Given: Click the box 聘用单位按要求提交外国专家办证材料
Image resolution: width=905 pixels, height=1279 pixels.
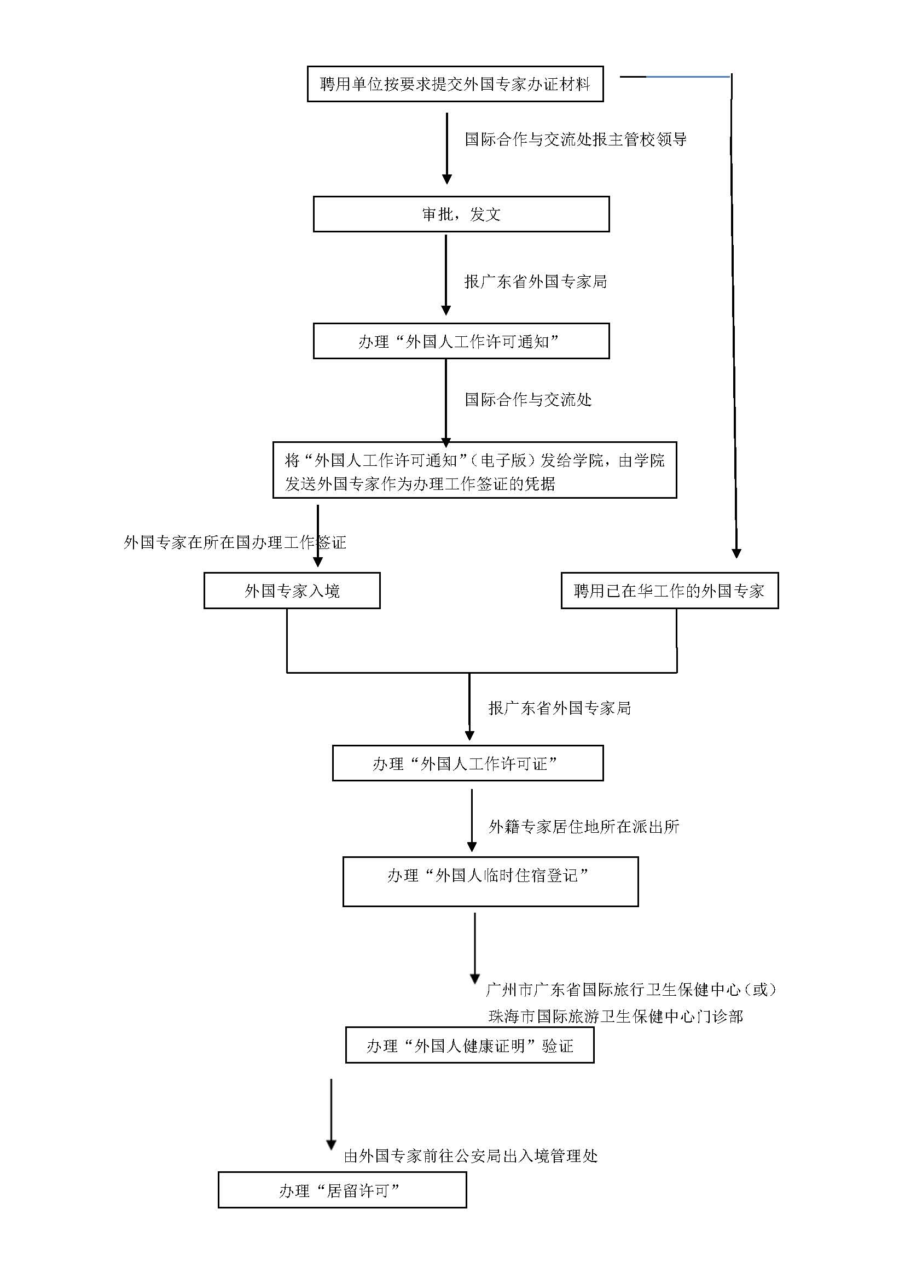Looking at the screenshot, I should [455, 84].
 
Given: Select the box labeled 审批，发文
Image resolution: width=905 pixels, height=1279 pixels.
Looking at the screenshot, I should [461, 214].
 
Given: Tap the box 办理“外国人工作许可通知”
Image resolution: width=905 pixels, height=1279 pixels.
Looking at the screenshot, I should [461, 341].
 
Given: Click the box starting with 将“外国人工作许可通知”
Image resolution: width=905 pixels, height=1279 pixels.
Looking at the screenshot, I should [474, 471].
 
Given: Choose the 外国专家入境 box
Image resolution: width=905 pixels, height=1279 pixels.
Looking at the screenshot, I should [292, 591].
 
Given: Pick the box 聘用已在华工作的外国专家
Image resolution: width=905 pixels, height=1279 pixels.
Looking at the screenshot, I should [669, 591].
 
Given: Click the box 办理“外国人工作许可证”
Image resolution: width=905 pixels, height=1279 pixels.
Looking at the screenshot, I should [467, 763].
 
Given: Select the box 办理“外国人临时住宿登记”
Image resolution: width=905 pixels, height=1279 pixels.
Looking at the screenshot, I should [490, 881].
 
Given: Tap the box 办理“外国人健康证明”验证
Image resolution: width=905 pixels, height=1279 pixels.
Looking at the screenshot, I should [469, 1046].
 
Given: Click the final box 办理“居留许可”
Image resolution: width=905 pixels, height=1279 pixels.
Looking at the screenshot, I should [341, 1190].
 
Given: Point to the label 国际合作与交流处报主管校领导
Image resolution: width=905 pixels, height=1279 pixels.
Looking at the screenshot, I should [575, 139].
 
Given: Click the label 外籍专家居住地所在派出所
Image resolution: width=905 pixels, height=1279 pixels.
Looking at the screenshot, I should [583, 826].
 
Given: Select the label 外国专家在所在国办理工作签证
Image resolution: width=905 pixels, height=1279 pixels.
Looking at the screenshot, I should [235, 542].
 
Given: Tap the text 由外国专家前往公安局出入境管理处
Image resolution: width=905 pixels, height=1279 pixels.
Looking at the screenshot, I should [471, 1156].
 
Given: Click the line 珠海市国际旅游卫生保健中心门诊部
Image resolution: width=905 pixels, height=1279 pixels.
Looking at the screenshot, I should [615, 1016].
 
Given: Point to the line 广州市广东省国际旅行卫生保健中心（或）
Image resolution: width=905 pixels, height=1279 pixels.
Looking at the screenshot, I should [631, 989].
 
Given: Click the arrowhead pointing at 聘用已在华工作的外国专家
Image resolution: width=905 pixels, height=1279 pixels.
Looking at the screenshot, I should [735, 553].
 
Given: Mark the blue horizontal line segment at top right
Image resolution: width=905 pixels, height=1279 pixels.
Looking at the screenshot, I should [688, 77].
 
